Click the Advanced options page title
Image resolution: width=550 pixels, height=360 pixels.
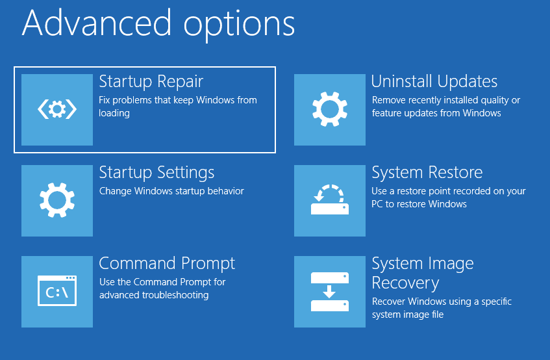158,23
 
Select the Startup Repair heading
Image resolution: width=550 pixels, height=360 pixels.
151,82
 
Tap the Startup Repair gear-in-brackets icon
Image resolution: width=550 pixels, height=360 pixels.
57,110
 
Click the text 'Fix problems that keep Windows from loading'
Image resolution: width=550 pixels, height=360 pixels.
177,107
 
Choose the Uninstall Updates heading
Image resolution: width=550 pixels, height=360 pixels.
434,82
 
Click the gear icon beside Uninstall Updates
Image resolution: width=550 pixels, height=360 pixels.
330,110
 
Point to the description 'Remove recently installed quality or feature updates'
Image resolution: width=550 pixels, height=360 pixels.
445,107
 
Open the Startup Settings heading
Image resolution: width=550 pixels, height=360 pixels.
156,173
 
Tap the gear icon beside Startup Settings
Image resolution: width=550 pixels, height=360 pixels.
57,201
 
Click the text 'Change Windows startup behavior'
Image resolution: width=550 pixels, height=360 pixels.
171,191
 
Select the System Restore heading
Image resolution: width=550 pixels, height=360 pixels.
427,173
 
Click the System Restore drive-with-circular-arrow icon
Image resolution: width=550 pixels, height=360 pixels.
330,201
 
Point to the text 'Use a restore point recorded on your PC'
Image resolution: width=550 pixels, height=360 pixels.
448,198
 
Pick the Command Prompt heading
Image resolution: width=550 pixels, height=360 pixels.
167,264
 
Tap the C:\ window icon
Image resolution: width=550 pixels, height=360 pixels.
57,292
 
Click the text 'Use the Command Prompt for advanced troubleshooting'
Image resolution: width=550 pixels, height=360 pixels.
162,289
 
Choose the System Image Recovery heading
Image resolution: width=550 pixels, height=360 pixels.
422,273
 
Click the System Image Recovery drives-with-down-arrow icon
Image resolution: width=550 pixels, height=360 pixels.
330,292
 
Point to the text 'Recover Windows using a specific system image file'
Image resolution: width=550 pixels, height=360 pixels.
442,308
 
